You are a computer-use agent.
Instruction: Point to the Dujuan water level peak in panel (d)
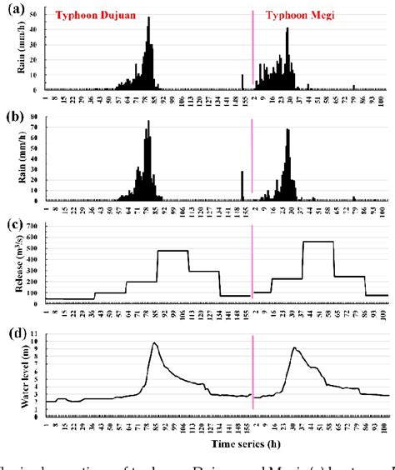154,342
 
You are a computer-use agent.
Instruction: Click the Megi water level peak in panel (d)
293,348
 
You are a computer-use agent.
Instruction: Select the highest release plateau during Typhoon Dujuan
172,251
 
